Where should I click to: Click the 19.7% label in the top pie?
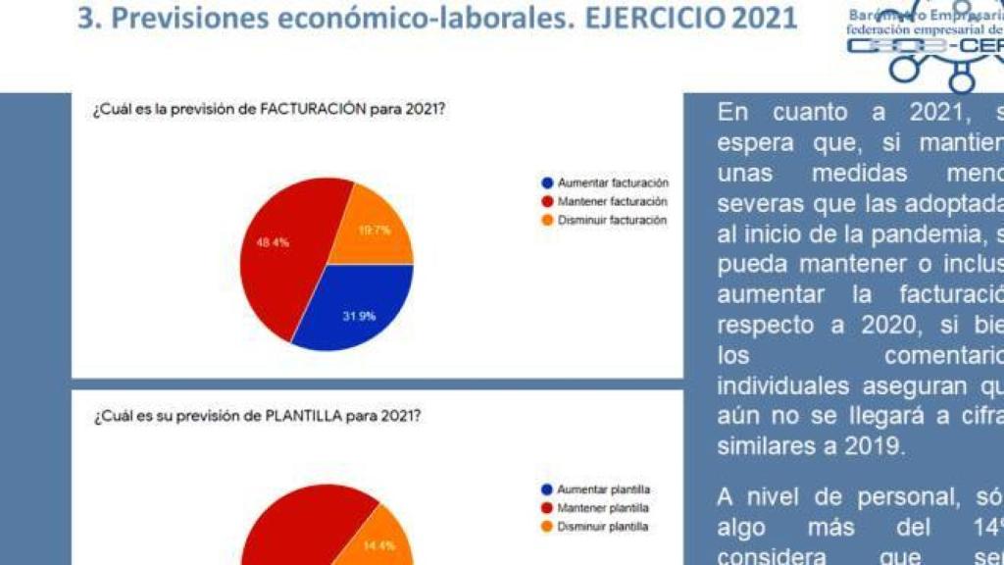[374, 231]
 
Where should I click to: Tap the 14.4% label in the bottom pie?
[378, 545]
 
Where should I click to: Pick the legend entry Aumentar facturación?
[612, 182]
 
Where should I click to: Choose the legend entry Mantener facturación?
[612, 201]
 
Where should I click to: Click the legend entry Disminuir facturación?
[612, 220]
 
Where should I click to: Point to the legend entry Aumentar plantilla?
[603, 488]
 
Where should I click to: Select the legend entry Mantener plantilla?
[603, 508]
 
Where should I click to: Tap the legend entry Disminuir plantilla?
[603, 527]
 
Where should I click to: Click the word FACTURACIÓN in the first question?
[313, 111]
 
